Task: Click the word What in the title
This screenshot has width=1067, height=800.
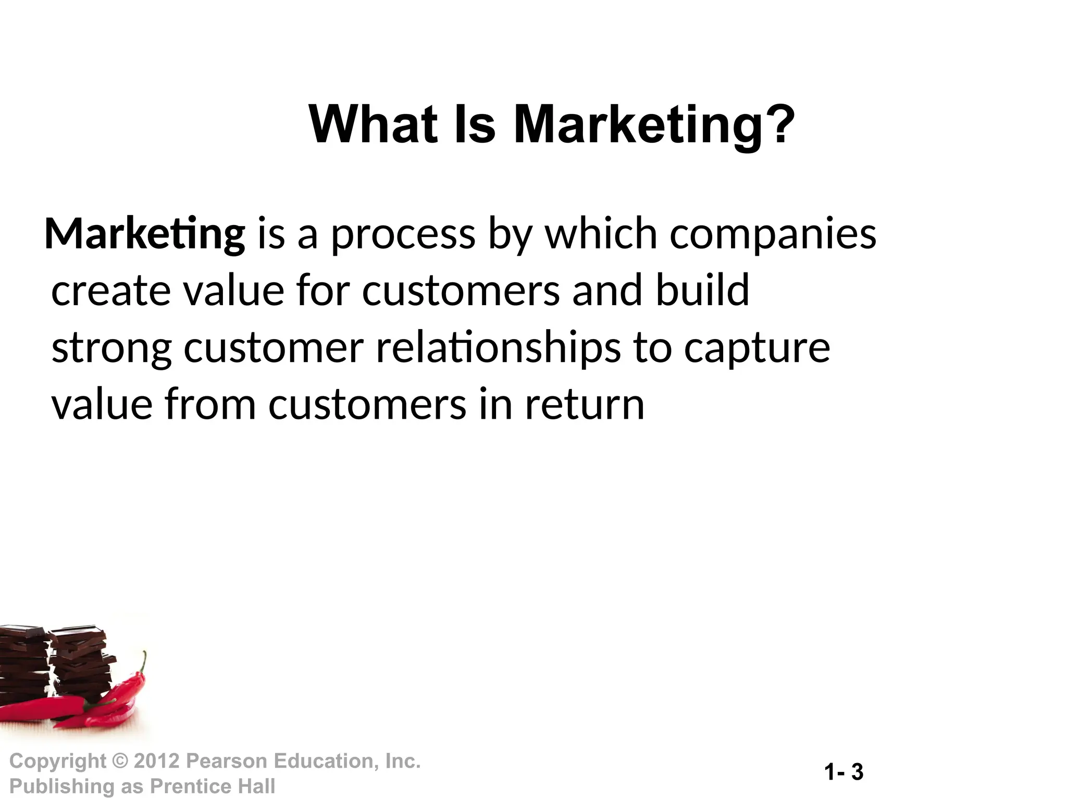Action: pyautogui.click(x=373, y=125)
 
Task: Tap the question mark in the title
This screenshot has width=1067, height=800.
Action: pyautogui.click(x=780, y=125)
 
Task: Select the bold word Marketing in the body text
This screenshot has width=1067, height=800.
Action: pyautogui.click(x=145, y=234)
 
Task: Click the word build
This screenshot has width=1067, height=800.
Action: pyautogui.click(x=702, y=290)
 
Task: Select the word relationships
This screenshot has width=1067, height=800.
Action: pyautogui.click(x=498, y=348)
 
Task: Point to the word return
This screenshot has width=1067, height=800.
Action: pyautogui.click(x=585, y=405)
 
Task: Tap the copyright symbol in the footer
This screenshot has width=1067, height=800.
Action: pyautogui.click(x=120, y=761)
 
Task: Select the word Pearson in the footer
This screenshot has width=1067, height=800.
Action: pyautogui.click(x=227, y=761)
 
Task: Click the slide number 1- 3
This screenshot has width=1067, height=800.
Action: pyautogui.click(x=844, y=772)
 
